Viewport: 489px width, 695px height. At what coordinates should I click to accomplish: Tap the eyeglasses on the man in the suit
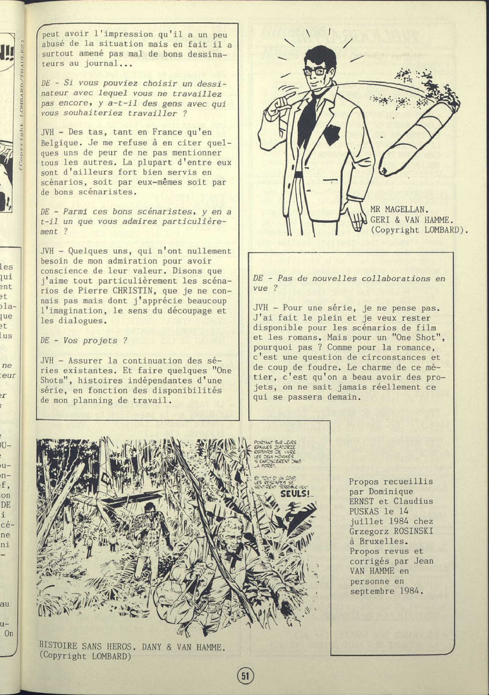tap(315, 72)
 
